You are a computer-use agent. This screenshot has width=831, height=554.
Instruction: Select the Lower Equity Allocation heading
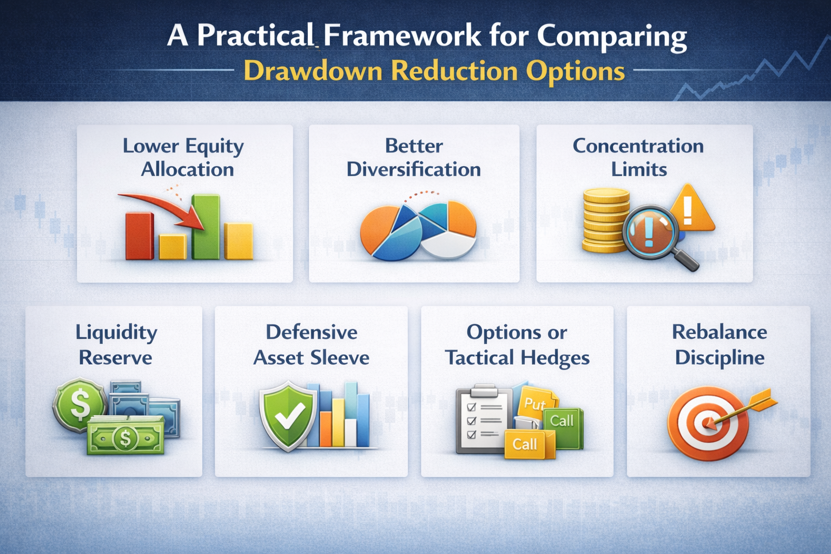tap(184, 157)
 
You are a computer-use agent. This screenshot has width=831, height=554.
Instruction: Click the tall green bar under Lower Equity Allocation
tap(206, 227)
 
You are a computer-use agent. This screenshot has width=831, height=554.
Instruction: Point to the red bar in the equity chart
tap(139, 236)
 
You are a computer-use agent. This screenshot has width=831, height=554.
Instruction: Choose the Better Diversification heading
tap(414, 157)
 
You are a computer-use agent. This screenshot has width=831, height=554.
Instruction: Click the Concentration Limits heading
tap(638, 157)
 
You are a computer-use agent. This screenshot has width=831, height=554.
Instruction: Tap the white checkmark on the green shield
tap(289, 415)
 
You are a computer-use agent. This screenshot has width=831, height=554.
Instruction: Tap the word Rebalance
tap(719, 332)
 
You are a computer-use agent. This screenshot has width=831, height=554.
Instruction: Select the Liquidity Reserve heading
tap(116, 345)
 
